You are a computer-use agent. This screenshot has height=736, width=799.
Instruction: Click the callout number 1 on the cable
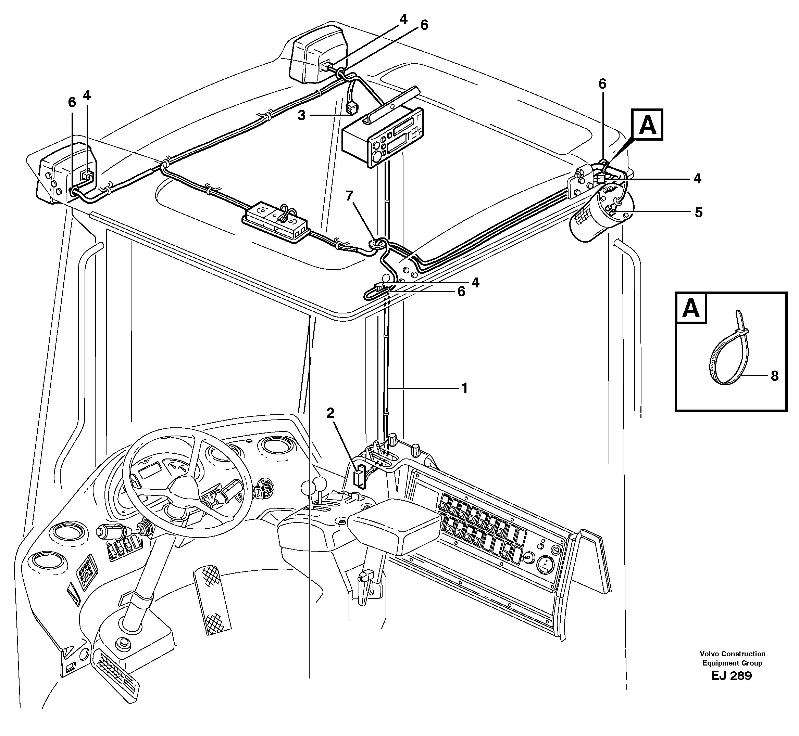pyautogui.click(x=464, y=388)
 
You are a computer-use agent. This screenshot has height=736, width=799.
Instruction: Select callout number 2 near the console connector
pyautogui.click(x=330, y=413)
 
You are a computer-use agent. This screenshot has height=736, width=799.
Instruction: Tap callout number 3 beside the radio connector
pyautogui.click(x=301, y=116)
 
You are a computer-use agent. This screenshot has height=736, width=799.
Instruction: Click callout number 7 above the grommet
pyautogui.click(x=349, y=196)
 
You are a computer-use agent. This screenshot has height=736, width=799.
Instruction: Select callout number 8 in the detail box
pyautogui.click(x=774, y=376)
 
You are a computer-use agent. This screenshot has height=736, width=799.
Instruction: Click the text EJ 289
pyautogui.click(x=731, y=676)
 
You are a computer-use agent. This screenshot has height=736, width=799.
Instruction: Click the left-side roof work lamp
pyautogui.click(x=66, y=175)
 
